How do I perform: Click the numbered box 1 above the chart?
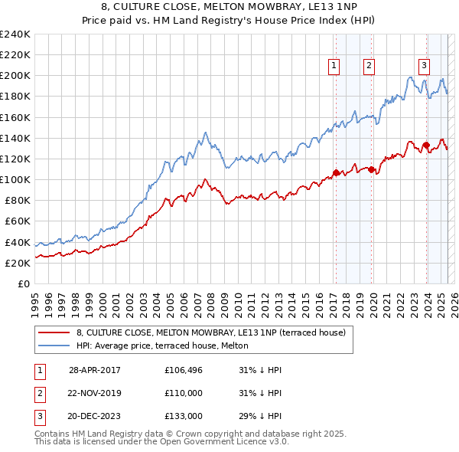[x=335, y=66]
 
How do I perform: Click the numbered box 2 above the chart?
[x=369, y=66]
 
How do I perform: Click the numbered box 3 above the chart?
[x=423, y=66]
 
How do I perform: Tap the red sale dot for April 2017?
[x=336, y=172]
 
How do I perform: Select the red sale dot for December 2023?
[x=425, y=145]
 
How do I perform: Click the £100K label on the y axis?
[x=15, y=179]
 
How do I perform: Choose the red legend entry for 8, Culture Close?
[x=211, y=332]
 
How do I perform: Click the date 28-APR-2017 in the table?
[x=94, y=369]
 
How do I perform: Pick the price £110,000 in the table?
[x=184, y=393]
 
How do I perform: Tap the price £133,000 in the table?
[x=184, y=416]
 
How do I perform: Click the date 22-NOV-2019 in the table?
[x=94, y=393]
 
